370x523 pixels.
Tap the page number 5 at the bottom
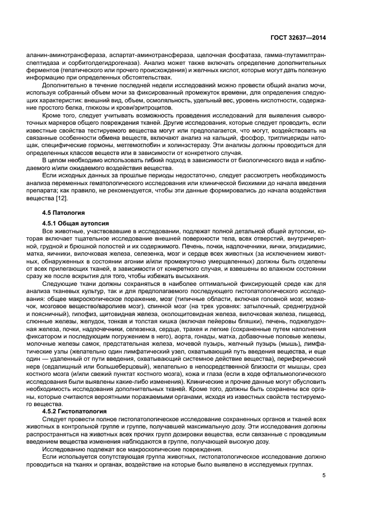[x=324, y=476]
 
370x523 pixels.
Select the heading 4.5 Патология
[x=63, y=213]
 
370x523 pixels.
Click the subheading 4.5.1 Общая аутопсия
[x=72, y=223]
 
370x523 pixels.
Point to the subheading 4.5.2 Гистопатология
[x=75, y=411]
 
